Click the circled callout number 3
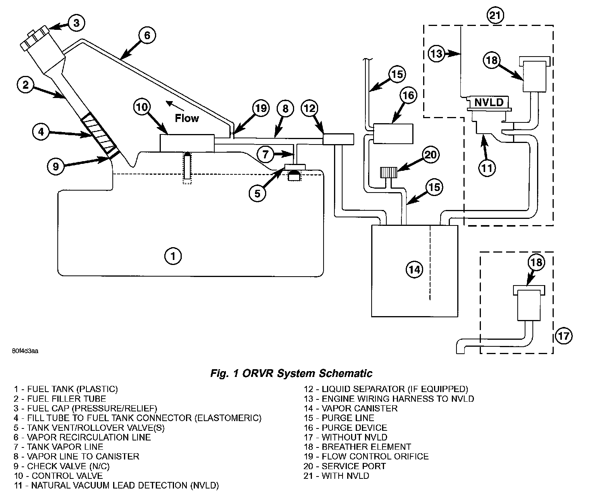(x=76, y=23)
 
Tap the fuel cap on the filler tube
(x=35, y=38)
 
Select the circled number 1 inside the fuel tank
(x=173, y=256)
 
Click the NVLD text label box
(x=489, y=103)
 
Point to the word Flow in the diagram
(x=187, y=118)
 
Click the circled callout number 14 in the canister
(x=414, y=269)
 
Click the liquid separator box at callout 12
(x=338, y=139)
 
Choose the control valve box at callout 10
(x=187, y=143)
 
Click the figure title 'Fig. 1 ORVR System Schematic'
(x=291, y=373)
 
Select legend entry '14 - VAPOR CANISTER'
(x=350, y=408)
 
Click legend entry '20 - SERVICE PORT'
(x=344, y=466)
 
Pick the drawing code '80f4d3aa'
(x=24, y=351)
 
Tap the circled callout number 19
(x=261, y=108)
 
